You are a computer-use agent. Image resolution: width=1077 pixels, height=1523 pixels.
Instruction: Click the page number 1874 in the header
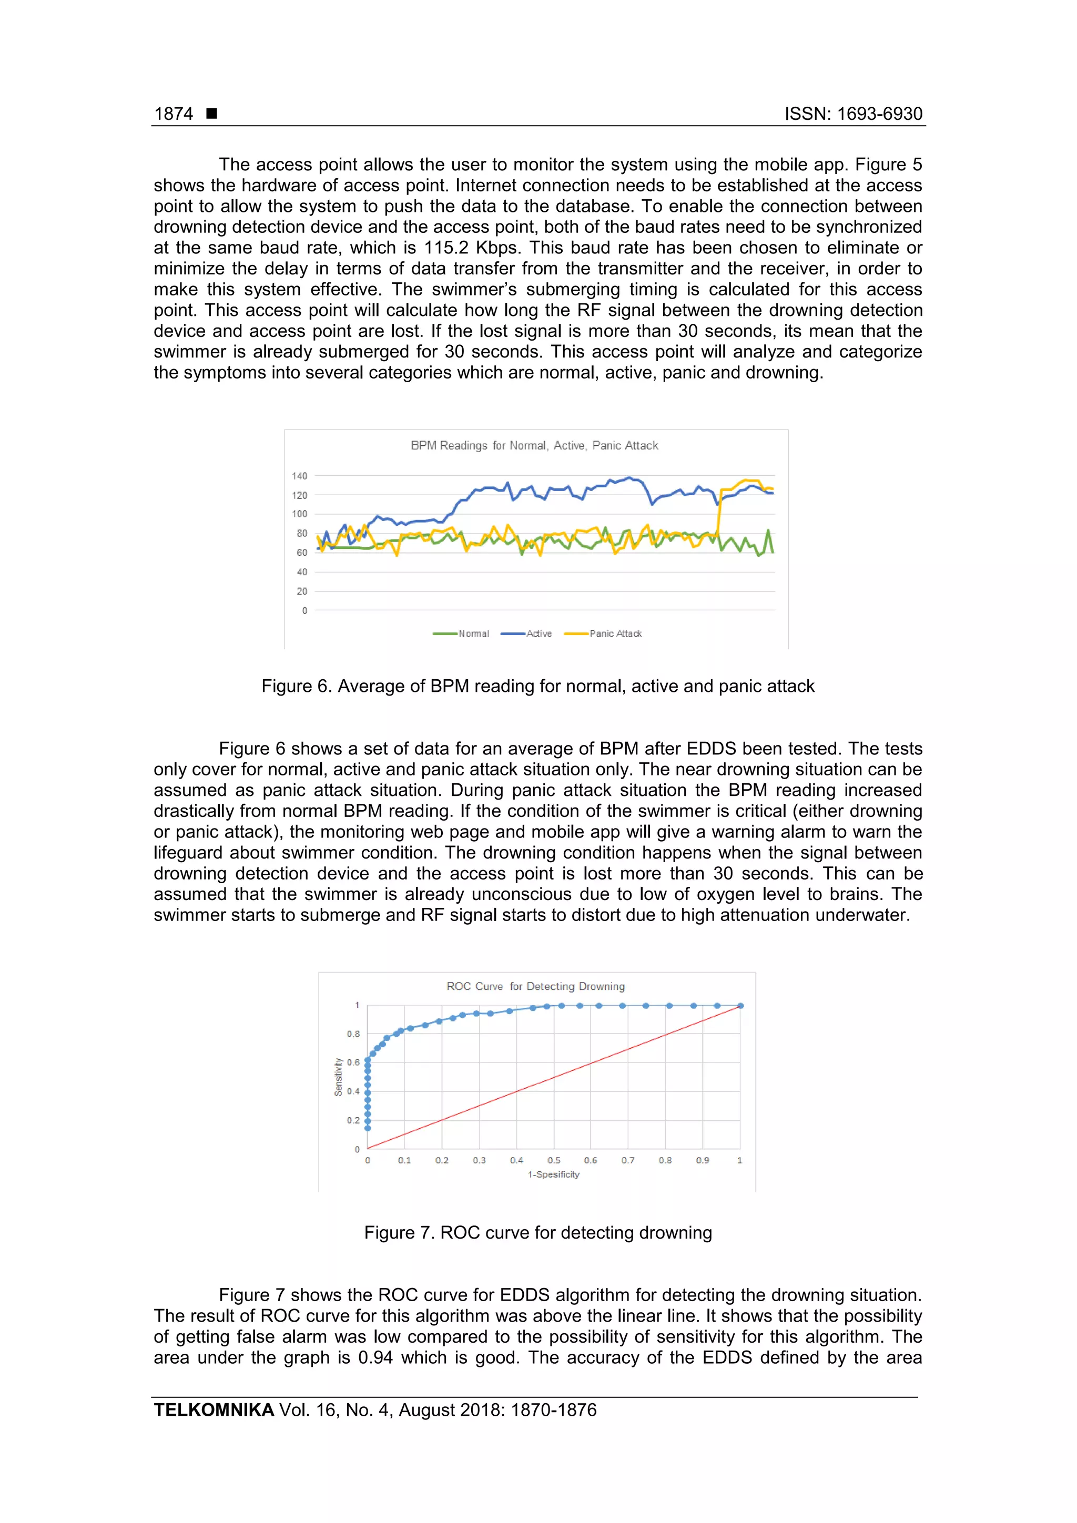coord(173,114)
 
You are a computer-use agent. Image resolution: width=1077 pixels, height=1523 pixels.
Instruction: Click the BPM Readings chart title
coord(534,446)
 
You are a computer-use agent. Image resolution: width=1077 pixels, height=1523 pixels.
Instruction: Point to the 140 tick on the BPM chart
coord(299,476)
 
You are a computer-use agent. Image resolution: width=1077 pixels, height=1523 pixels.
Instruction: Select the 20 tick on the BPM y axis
coord(302,591)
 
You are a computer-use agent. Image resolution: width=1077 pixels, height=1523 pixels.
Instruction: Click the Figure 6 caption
coord(537,686)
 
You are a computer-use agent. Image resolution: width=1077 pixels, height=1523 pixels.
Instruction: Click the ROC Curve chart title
coord(535,986)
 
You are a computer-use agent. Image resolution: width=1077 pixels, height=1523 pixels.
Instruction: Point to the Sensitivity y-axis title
coord(339,1077)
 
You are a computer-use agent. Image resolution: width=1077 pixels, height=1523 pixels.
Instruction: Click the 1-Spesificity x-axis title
coord(553,1175)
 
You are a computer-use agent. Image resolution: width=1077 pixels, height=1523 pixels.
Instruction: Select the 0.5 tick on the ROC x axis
coord(553,1161)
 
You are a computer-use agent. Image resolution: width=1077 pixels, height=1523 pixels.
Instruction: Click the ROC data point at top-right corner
coord(740,1006)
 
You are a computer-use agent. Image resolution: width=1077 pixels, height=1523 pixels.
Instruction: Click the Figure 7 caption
coord(537,1232)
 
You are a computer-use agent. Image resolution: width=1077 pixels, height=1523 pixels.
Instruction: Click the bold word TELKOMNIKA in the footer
coord(214,1410)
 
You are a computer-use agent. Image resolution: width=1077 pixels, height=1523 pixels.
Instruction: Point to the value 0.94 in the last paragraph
coord(375,1358)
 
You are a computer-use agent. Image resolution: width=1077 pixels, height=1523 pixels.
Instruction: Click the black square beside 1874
coord(212,114)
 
